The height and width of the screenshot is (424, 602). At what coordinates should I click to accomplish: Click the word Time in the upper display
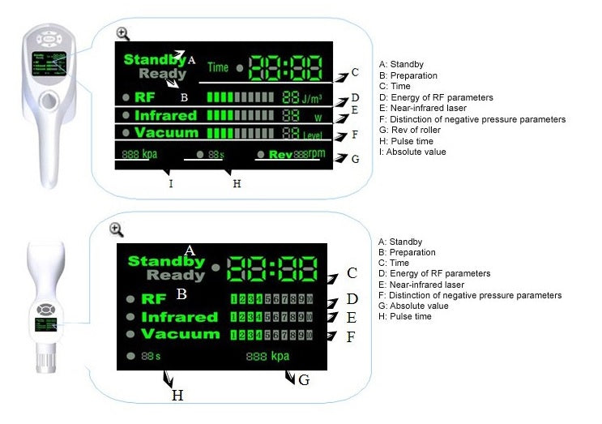tap(217, 67)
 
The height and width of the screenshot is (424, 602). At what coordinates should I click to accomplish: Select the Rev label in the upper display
tap(280, 153)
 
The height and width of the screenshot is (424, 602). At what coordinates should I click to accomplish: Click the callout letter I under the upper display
tap(171, 184)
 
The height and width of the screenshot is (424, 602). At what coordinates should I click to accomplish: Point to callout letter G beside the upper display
tap(355, 159)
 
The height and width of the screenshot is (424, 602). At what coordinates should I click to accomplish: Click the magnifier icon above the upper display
tap(122, 33)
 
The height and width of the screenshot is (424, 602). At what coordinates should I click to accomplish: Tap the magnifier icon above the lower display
tap(116, 229)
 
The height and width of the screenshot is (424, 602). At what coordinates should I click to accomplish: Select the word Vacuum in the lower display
tap(180, 334)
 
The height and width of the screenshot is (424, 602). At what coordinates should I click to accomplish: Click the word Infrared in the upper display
tap(165, 115)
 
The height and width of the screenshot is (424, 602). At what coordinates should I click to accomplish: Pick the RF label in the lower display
tap(154, 298)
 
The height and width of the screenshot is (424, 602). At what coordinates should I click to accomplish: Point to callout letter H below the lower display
tap(177, 396)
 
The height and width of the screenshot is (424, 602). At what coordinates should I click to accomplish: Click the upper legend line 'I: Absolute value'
tap(412, 152)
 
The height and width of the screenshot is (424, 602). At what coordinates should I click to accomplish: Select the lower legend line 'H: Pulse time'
tap(405, 316)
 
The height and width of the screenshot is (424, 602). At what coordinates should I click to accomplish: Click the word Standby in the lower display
tap(167, 261)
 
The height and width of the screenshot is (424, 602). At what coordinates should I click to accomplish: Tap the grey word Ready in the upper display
tap(162, 74)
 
